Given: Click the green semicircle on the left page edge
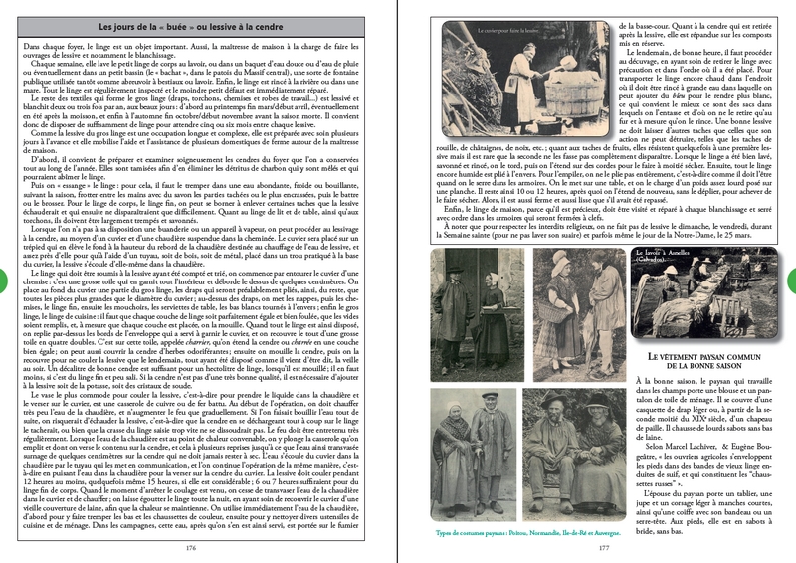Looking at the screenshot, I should click(x=3, y=281).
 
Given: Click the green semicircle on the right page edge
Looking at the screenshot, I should click(x=792, y=281).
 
